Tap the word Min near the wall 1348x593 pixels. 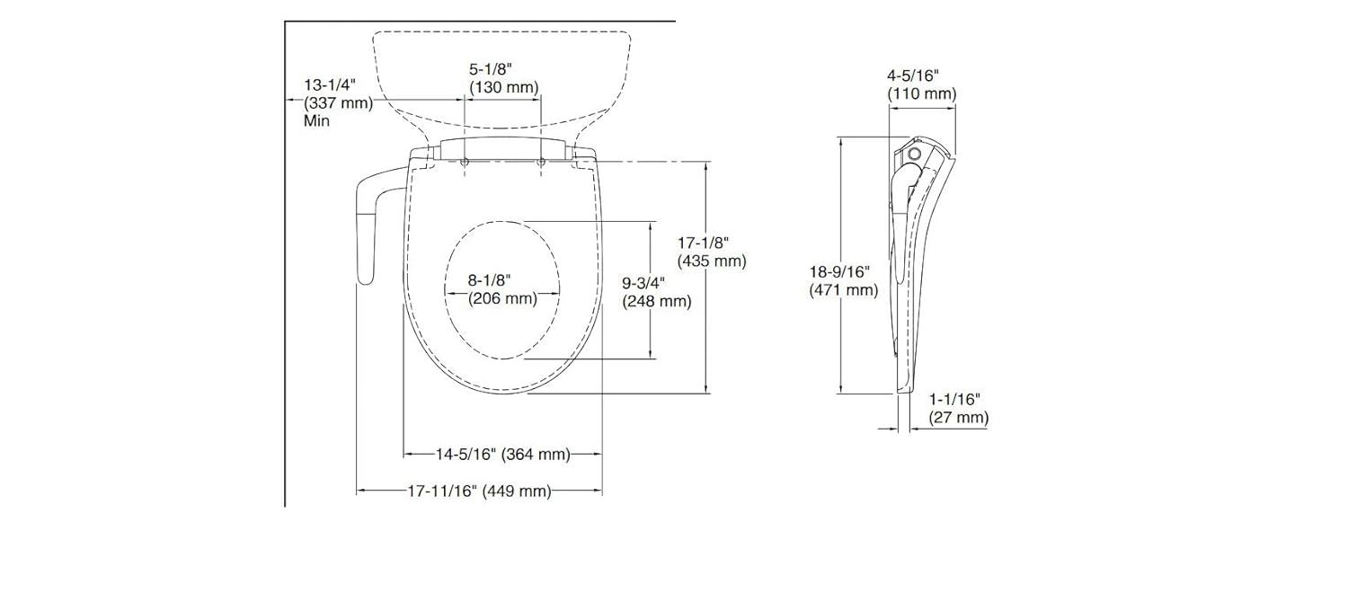pos(316,120)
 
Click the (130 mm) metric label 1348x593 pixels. pos(503,87)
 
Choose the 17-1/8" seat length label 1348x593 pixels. pos(703,243)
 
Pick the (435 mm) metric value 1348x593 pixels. pos(712,261)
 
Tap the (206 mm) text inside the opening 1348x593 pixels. pos(502,298)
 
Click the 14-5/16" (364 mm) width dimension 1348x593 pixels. pos(503,455)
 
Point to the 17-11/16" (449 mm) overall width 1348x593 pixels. pos(479,491)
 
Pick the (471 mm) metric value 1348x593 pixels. pos(843,289)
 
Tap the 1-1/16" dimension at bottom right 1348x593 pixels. pos(954,398)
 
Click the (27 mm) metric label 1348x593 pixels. pos(959,418)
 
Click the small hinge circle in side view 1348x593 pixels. pos(915,155)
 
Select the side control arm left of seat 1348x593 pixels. pos(367,229)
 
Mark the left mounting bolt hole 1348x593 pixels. pos(466,163)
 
